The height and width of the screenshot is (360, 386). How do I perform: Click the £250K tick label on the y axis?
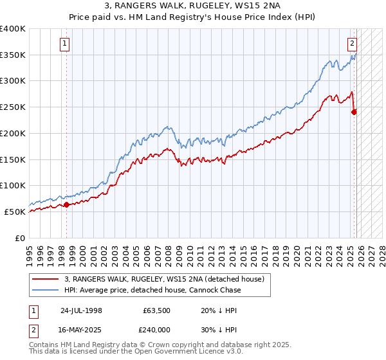(13, 107)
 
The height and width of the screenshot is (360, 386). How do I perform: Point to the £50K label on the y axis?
(15, 212)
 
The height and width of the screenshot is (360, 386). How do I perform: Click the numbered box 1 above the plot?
(66, 44)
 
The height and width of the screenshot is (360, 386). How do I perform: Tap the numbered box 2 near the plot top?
(353, 44)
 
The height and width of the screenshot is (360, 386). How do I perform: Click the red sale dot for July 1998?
(66, 205)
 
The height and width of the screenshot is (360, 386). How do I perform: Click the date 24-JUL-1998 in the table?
(81, 310)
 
